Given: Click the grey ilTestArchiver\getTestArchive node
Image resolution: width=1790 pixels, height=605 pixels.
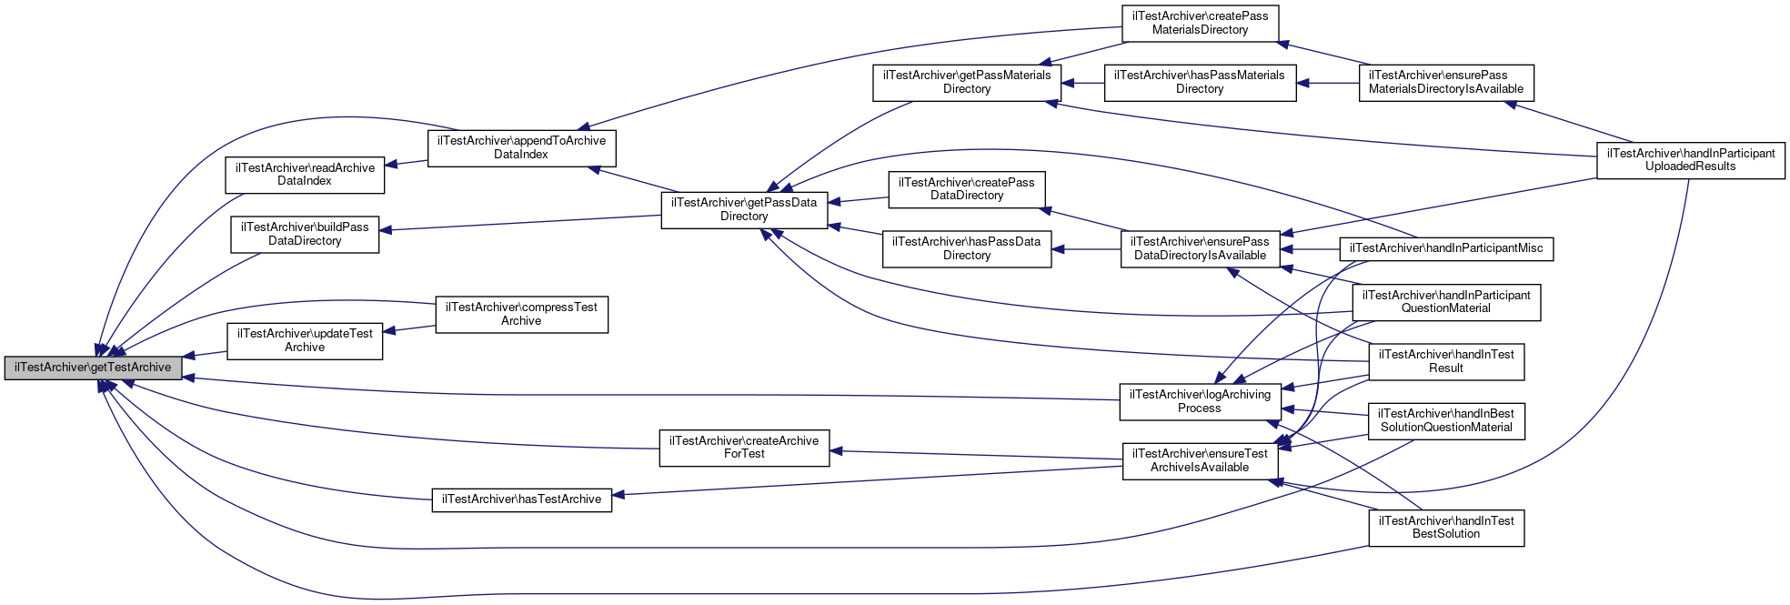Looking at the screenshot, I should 93,368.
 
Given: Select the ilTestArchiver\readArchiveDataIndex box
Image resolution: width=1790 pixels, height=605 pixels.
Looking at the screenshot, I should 305,175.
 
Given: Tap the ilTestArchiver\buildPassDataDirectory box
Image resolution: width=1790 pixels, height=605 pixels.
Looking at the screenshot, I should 305,234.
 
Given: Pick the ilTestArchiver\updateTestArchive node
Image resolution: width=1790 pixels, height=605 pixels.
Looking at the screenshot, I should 305,340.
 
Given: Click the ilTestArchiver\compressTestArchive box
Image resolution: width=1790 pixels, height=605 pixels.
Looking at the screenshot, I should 521,314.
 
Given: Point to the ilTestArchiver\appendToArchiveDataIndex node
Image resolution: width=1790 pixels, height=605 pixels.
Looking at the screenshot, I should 521,147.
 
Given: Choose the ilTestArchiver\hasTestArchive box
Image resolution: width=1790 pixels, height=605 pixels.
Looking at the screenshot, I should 521,499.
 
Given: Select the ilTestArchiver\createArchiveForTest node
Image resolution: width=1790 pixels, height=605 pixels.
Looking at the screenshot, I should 744,448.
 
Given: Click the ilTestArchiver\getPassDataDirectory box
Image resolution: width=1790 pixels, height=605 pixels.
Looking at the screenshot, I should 744,209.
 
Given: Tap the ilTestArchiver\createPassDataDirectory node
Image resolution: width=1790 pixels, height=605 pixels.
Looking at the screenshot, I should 967,189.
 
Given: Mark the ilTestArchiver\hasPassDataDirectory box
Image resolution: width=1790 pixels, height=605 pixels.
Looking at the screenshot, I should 967,248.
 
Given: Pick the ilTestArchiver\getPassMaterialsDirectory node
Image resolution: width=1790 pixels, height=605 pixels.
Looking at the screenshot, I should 967,82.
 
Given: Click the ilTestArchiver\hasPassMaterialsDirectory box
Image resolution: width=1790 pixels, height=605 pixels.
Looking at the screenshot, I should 1200,82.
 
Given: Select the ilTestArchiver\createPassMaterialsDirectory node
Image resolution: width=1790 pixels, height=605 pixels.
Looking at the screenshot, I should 1200,23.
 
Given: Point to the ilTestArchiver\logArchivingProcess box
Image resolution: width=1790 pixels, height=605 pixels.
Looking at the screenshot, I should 1200,401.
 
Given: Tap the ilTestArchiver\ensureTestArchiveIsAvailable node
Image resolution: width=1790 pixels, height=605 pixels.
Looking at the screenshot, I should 1200,460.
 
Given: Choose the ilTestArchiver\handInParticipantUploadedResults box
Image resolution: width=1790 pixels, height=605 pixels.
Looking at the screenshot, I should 1691,159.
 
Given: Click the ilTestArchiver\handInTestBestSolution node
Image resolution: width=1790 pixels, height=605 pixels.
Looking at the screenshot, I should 1446,528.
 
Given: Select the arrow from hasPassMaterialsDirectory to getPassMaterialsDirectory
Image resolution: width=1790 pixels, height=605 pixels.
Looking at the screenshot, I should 1082,83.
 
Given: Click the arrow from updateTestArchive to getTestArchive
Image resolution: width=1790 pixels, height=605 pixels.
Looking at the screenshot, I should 205,354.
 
